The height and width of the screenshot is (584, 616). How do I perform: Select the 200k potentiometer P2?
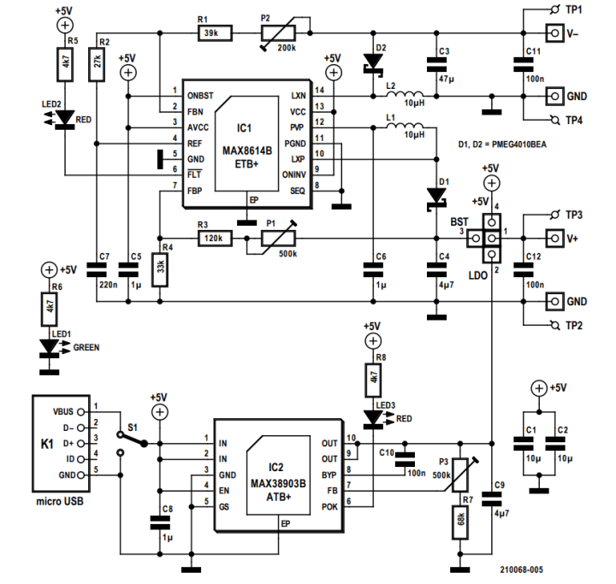click(x=281, y=33)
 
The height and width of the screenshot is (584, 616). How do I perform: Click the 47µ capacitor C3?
click(x=436, y=63)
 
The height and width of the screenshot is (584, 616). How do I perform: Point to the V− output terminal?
click(x=554, y=32)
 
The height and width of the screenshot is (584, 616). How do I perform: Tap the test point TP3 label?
click(x=574, y=213)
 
